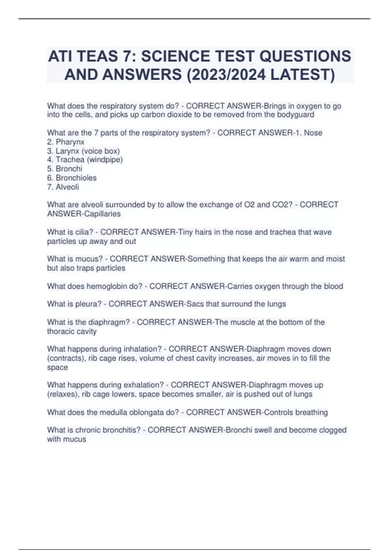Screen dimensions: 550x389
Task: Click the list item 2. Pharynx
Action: [x=66, y=142]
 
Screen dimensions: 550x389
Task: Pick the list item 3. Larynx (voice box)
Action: [x=83, y=151]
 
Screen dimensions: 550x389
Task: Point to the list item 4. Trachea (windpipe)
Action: [x=85, y=159]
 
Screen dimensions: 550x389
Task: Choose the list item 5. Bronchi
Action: [x=65, y=169]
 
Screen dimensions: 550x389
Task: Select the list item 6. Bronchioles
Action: [x=72, y=178]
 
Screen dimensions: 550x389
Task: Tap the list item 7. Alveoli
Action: [x=63, y=187]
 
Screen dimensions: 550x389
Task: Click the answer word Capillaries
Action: [x=102, y=214]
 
